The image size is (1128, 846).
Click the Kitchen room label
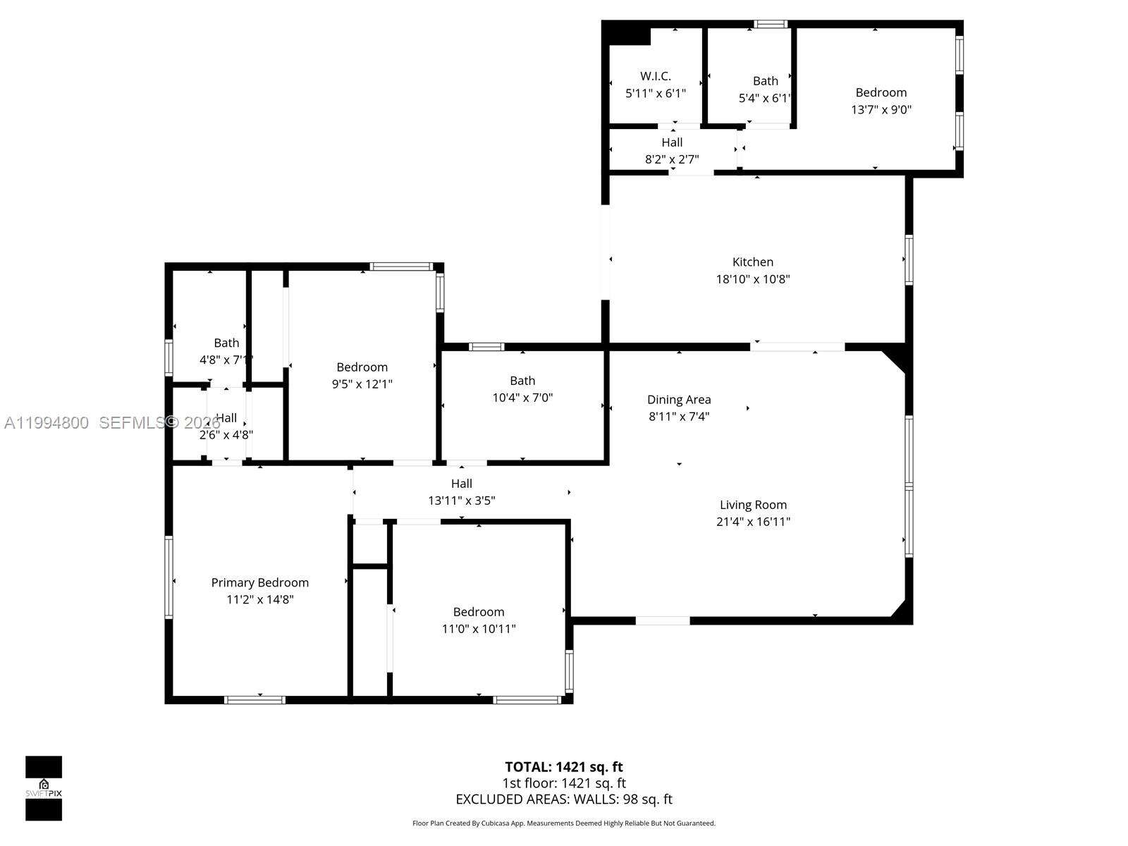coord(753,262)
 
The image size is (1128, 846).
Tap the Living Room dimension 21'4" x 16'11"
coord(753,522)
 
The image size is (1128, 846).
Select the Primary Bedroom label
coord(260,582)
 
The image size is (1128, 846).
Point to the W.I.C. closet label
coord(656,75)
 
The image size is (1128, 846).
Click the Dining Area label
coord(679,399)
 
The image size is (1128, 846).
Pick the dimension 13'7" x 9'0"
coord(881,109)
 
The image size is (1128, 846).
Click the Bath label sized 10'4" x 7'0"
coord(522,381)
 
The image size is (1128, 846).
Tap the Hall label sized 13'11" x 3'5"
coord(462,484)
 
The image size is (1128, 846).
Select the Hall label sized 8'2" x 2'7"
coord(672,142)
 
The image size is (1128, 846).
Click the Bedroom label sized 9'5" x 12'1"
coord(362,367)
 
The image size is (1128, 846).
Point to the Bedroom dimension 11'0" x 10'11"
coord(479,629)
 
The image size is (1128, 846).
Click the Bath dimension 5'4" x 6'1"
coord(765,98)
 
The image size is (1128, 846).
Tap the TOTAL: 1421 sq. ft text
coord(564,766)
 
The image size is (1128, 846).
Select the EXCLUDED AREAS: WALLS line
coord(564,799)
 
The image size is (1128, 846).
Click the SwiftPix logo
coord(44,788)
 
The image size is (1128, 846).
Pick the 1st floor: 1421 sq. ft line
coord(564,783)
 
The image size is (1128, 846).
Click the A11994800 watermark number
coord(47,423)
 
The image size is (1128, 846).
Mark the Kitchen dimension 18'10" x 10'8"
coord(753,278)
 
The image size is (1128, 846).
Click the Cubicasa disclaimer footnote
coord(564,823)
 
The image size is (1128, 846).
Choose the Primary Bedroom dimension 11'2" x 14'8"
coord(260,599)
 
